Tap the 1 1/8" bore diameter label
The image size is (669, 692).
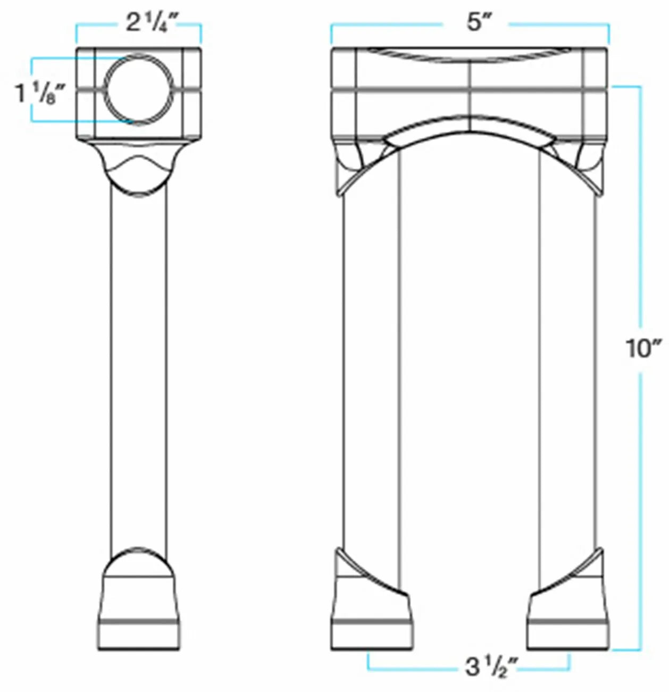40,94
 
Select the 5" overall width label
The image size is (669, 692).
474,23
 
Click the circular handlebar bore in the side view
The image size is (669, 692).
139,89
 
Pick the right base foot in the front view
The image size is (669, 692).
568,617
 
